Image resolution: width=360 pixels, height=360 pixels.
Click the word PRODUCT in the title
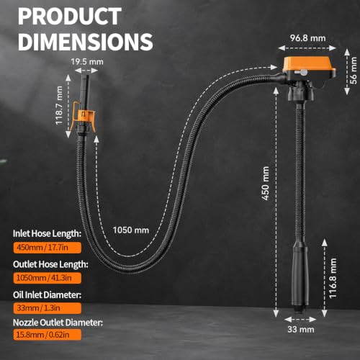pyautogui.click(x=70, y=16)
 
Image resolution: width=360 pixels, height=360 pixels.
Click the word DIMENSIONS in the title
pyautogui.click(x=86, y=42)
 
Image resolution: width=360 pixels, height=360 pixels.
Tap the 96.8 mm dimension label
pyautogui.click(x=307, y=38)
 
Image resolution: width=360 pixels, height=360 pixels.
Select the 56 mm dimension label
pyautogui.click(x=354, y=71)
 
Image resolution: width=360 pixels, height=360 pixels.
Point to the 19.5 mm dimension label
pyautogui.click(x=87, y=62)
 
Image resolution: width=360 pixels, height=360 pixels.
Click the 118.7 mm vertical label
pyautogui.click(x=59, y=106)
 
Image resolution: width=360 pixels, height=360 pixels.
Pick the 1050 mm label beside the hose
pyautogui.click(x=131, y=230)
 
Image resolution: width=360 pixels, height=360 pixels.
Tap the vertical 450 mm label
pyautogui.click(x=265, y=184)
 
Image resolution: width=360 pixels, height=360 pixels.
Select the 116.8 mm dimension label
pyautogui.click(x=333, y=279)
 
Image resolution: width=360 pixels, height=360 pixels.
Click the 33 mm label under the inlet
pyautogui.click(x=301, y=330)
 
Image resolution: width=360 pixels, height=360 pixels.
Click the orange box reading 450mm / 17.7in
pyautogui.click(x=48, y=248)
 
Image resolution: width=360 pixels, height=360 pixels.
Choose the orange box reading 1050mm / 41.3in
pyautogui.click(x=48, y=278)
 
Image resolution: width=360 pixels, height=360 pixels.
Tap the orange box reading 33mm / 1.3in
pyautogui.click(x=48, y=308)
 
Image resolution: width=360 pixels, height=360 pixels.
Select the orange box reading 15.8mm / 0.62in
pyautogui.click(x=48, y=335)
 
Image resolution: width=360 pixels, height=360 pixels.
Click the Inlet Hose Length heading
pyautogui.click(x=47, y=233)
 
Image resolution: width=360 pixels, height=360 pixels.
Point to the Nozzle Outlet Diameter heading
pyautogui.click(x=58, y=323)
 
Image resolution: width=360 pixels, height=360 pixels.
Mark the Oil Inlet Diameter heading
pyautogui.click(x=47, y=295)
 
